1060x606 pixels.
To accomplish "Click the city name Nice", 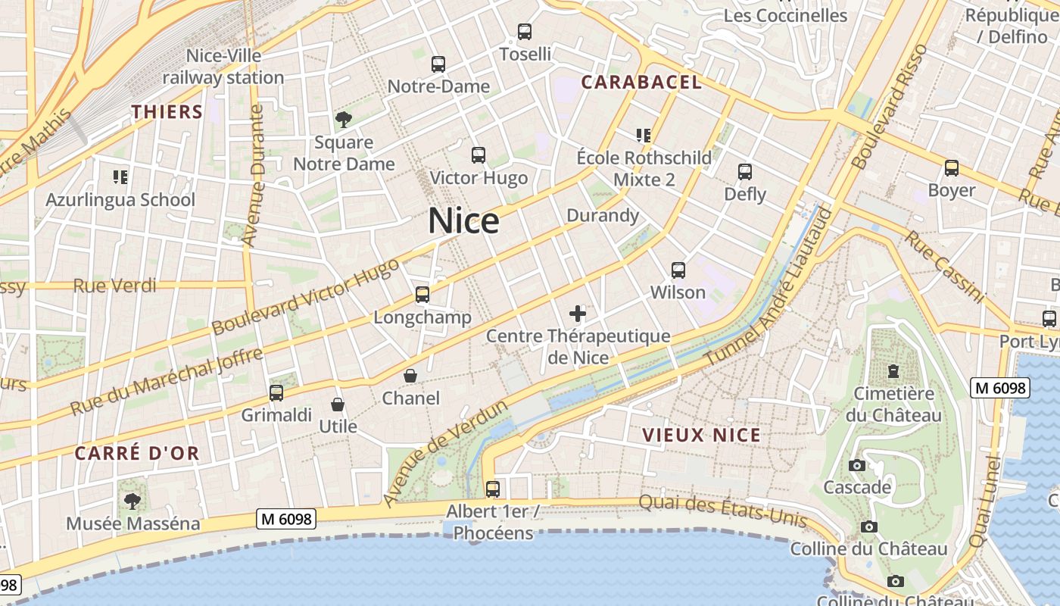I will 463,220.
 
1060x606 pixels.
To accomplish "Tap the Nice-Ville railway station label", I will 223,67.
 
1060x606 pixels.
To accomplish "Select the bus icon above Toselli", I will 525,32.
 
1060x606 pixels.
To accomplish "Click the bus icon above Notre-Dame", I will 438,64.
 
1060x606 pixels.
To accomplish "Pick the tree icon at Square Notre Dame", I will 344,119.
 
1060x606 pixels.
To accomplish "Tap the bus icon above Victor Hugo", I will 478,155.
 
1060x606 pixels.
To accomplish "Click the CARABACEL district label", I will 641,82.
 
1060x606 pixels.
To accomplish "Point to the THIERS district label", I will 167,112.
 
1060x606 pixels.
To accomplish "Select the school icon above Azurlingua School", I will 120,177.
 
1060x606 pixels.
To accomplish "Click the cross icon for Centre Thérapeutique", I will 578,313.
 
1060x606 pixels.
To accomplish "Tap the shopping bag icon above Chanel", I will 410,375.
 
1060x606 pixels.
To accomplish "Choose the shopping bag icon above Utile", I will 338,405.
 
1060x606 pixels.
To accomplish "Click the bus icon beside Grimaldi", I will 276,393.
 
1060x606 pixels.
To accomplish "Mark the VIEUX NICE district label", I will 701,435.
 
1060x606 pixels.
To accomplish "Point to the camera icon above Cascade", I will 857,465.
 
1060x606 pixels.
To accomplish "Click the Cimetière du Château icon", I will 894,371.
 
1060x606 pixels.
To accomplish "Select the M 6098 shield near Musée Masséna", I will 286,519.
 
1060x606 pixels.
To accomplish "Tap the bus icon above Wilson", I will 678,270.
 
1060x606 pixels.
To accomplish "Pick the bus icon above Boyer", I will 952,168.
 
